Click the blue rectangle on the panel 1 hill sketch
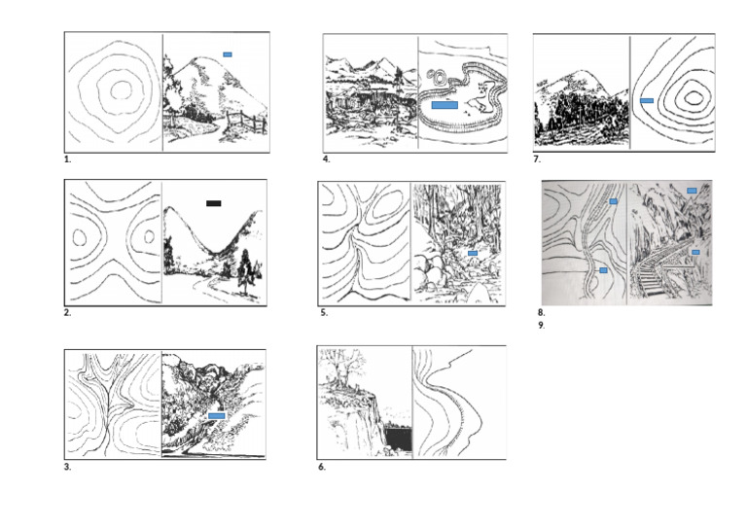[227, 54]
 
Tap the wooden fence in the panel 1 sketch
[251, 123]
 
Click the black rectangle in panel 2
[214, 203]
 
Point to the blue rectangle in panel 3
[217, 415]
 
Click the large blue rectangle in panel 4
[444, 104]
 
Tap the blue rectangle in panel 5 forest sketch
[473, 254]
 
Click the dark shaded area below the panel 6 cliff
[399, 440]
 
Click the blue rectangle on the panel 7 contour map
[647, 100]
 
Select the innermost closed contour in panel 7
[693, 95]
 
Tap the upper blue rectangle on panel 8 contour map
[614, 201]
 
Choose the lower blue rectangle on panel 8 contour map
[604, 269]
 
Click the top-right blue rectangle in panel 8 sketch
[692, 191]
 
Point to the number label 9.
[541, 326]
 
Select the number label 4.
[327, 158]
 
